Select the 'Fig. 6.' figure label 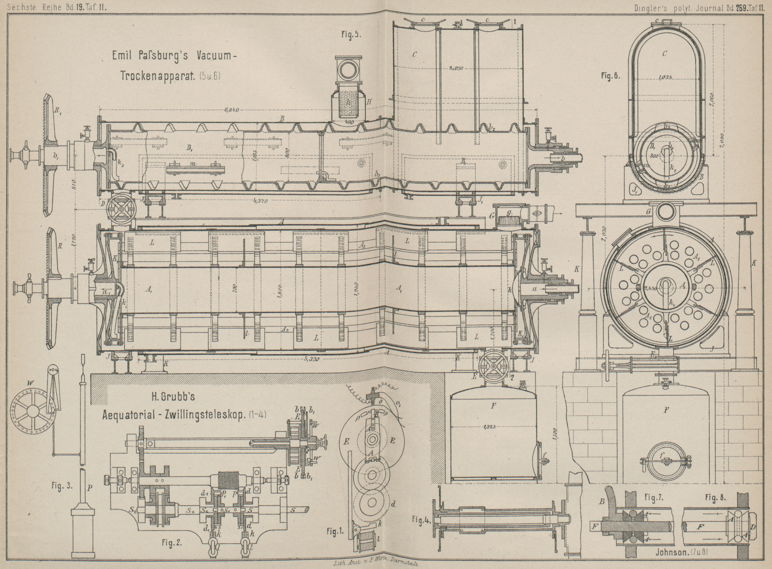click(x=610, y=76)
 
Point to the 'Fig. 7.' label click(x=654, y=498)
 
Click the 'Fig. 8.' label click(x=714, y=498)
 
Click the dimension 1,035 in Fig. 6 click(x=666, y=78)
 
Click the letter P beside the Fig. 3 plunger click(x=89, y=488)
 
